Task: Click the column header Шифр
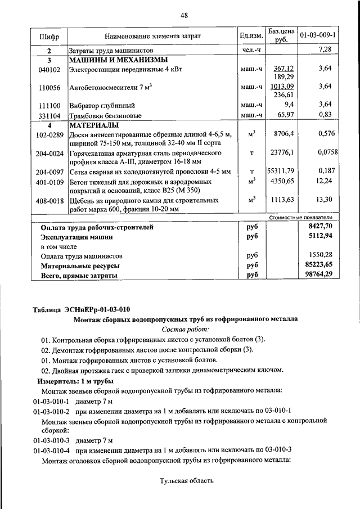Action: click(x=49, y=36)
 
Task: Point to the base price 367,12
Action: click(x=284, y=68)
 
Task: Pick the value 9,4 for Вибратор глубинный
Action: click(x=289, y=105)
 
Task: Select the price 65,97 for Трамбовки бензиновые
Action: click(x=285, y=115)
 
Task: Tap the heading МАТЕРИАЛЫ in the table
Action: click(x=93, y=125)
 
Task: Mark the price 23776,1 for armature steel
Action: click(x=282, y=152)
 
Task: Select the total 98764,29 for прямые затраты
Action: click(x=317, y=274)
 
